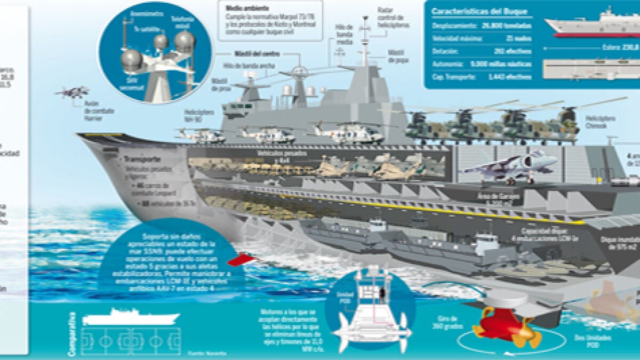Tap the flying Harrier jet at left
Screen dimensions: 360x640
[71, 92]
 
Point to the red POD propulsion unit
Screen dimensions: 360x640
[504, 326]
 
